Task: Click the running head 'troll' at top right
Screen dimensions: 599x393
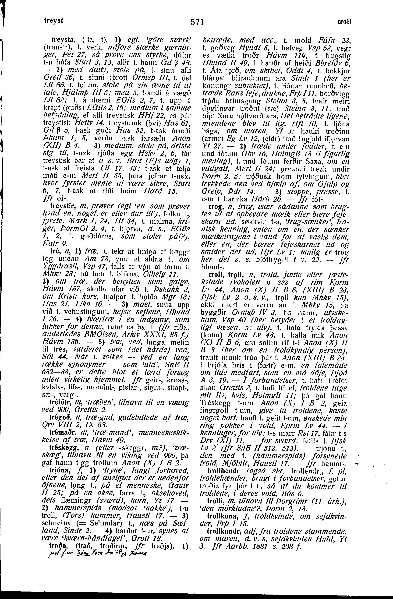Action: click(344, 22)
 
